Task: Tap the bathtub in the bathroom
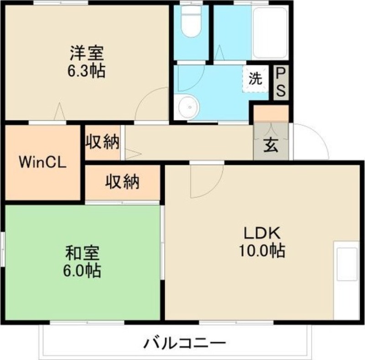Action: coord(270,32)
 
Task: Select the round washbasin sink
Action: coord(189,107)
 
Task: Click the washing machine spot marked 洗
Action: coord(255,79)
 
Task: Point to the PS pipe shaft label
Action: coord(281,83)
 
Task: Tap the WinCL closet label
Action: coord(42,163)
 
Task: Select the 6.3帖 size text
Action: coord(86,70)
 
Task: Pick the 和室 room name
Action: coord(83,254)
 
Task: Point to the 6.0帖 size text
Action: coord(82,270)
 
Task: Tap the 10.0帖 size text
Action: coord(261,251)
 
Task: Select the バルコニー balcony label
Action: coord(185,343)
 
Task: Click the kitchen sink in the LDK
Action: coord(347,264)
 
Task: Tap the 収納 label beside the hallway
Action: coord(102,142)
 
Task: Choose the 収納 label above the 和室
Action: coord(122,181)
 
